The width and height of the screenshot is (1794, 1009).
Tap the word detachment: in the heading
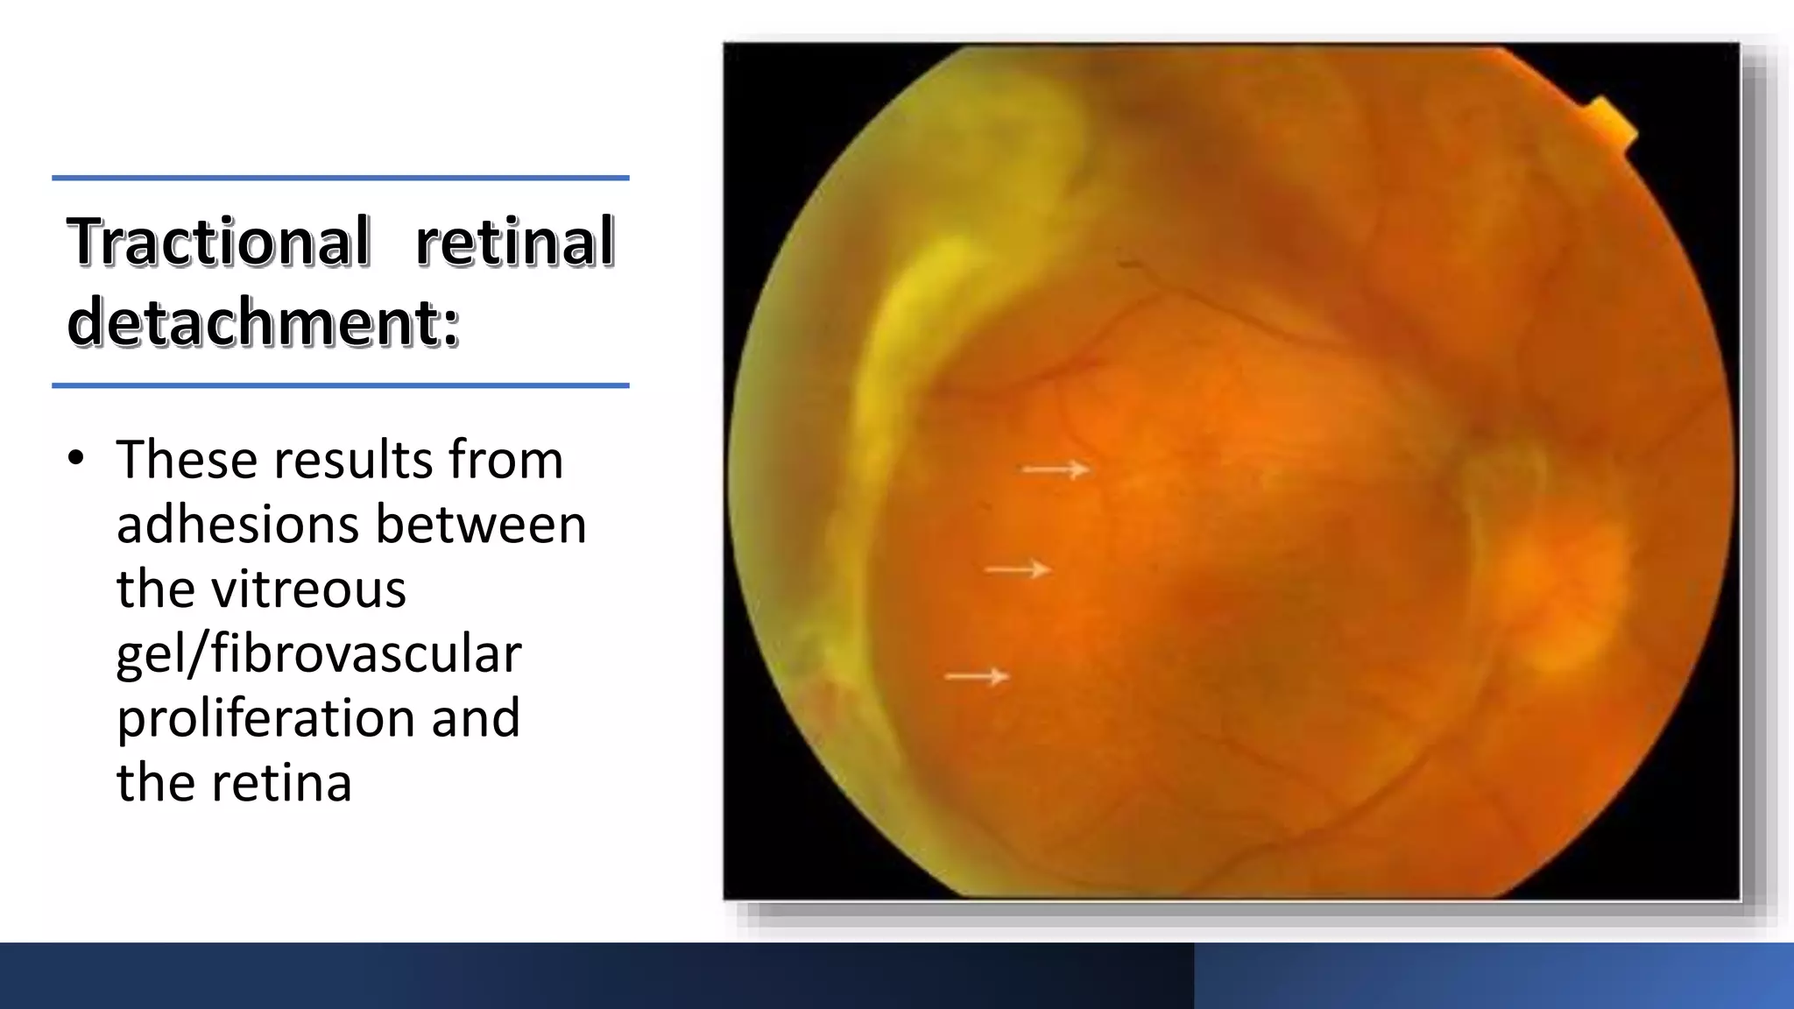(x=263, y=321)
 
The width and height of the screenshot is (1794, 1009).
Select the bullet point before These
(x=76, y=459)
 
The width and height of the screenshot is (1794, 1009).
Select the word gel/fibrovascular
(x=319, y=653)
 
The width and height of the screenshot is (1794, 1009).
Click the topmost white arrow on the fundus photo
(x=1056, y=469)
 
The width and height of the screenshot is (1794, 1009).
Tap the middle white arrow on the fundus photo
(x=1017, y=569)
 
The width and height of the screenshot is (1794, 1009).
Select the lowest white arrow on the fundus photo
(x=977, y=676)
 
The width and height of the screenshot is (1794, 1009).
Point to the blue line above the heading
(x=340, y=178)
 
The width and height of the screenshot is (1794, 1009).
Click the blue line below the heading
(x=340, y=385)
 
